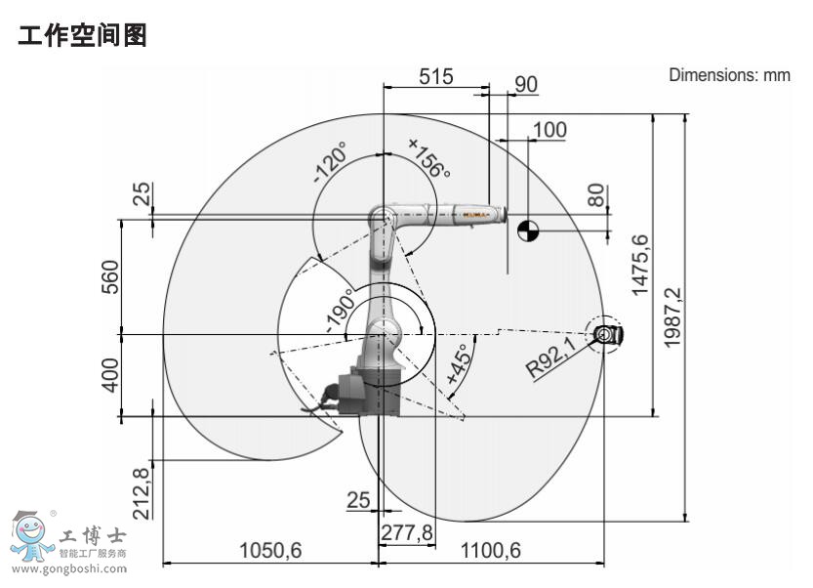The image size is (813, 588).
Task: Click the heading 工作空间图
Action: pos(83,37)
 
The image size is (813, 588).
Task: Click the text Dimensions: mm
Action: pos(729,76)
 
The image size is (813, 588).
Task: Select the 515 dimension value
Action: pos(436,76)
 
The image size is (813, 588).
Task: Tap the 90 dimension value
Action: pos(526,85)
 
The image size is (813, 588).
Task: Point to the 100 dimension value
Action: pos(549,129)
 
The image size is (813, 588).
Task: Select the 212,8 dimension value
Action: pos(141,494)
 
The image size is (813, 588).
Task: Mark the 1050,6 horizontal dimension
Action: pos(270,551)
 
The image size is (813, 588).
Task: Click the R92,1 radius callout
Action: pos(552,357)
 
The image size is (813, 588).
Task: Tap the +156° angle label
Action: pos(429,158)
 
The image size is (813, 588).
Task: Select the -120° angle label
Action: pos(330,163)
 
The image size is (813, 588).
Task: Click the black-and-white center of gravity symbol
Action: pos(528,231)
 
